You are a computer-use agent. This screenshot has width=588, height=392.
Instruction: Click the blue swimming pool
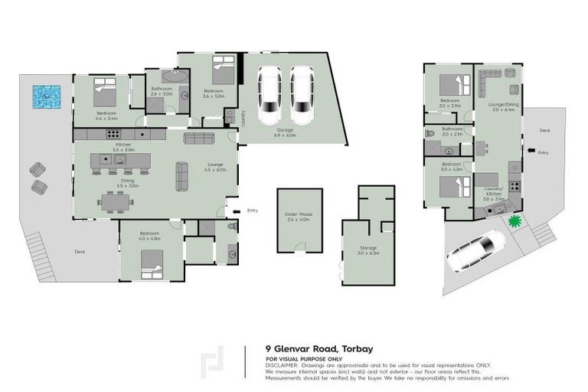(46, 97)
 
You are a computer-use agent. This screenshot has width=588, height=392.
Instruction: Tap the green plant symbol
(514, 222)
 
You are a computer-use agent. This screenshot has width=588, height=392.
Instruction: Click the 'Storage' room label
(367, 247)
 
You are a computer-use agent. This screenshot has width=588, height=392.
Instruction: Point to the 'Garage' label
(285, 130)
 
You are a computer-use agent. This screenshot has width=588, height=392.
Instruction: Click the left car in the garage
(269, 95)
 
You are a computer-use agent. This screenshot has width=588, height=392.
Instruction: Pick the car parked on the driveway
(475, 251)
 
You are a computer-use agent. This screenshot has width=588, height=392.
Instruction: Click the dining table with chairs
(115, 202)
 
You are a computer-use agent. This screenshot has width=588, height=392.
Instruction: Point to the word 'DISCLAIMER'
(282, 365)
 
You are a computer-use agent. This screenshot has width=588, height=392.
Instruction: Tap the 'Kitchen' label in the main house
(123, 145)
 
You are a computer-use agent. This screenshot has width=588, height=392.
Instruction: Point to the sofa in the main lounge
(181, 176)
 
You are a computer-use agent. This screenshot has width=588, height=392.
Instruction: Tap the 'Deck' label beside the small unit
(544, 131)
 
